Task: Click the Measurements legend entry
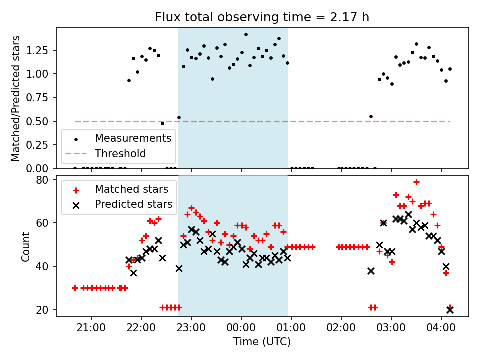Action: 133,138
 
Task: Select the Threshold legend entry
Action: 120,153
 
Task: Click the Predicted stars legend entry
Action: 133,204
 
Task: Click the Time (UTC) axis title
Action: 262,342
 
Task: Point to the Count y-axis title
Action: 25,246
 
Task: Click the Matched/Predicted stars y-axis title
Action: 16,98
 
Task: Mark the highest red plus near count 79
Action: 416,182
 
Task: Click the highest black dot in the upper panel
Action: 246,35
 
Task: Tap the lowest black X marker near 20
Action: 450,310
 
